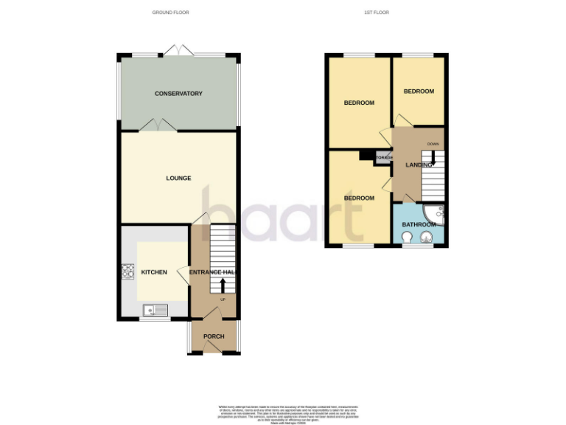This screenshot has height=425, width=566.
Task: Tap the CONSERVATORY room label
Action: pos(178,94)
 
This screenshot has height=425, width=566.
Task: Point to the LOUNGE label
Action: pos(178,178)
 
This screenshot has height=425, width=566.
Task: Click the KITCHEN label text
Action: pos(154,272)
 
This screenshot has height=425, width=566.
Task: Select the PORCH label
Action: pos(214,336)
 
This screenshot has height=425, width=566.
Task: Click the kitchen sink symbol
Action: pos(156,309)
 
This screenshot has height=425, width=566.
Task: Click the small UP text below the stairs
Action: pos(222,300)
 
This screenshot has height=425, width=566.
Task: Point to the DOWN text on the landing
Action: pos(433,144)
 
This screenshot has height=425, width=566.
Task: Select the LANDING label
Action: pos(419,165)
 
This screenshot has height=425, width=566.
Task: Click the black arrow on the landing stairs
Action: pos(433,157)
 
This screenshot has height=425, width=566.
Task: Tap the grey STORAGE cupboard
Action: pos(384,158)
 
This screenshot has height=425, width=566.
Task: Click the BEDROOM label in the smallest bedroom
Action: pos(419,91)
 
